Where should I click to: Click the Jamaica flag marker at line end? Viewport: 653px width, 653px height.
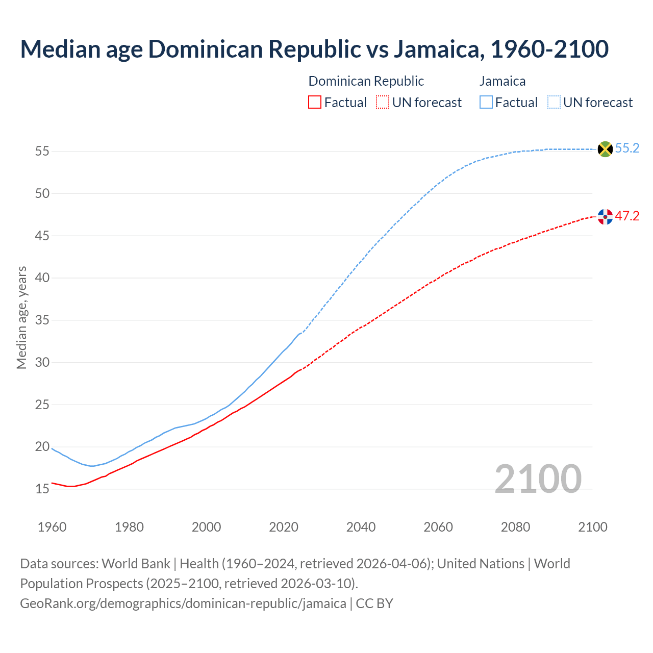click(605, 149)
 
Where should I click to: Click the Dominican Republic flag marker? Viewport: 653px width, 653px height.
click(605, 217)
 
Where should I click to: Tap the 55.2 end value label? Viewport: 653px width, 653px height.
click(627, 148)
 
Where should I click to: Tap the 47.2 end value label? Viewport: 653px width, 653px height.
click(627, 216)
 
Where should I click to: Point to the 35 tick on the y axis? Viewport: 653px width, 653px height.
click(42, 320)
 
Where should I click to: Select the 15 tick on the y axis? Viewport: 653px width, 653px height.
click(42, 489)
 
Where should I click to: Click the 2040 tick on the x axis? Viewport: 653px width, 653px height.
click(361, 527)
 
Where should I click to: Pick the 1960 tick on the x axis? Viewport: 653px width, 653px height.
click(52, 527)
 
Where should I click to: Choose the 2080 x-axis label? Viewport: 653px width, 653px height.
click(515, 527)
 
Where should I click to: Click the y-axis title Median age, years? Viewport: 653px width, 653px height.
click(21, 317)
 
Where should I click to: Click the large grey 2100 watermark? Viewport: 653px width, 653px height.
click(538, 479)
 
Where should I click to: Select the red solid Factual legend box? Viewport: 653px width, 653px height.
click(315, 103)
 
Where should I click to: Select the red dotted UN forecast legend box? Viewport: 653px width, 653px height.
click(383, 103)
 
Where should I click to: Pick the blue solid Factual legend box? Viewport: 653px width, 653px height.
click(486, 103)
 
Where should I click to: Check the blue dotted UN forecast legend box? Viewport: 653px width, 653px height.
click(554, 103)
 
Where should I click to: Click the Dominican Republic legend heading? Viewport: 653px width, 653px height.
click(366, 81)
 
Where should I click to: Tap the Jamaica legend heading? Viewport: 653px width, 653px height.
click(503, 81)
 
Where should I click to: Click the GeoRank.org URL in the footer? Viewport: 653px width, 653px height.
click(183, 604)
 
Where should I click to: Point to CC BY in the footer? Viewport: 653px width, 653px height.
click(374, 604)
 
